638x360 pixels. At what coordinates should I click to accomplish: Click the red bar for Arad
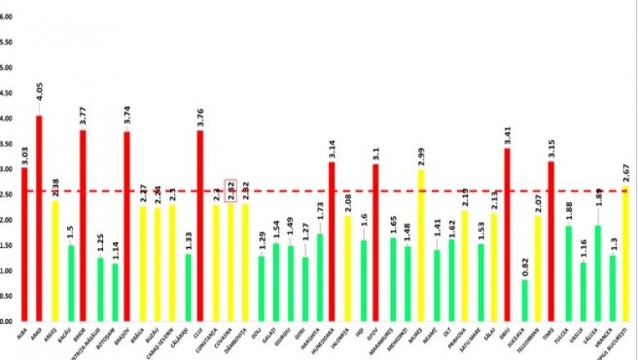click(38, 218)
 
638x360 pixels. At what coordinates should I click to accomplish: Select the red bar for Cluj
click(200, 225)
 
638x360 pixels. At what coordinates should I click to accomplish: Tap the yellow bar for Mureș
click(421, 245)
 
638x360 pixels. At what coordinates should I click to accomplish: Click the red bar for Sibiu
click(507, 234)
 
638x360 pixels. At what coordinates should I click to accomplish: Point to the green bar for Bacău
click(71, 282)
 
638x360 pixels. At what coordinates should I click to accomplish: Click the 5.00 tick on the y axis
click(7, 68)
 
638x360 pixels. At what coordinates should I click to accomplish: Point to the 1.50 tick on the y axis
click(7, 245)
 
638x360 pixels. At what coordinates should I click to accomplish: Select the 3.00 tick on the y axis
click(7, 169)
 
